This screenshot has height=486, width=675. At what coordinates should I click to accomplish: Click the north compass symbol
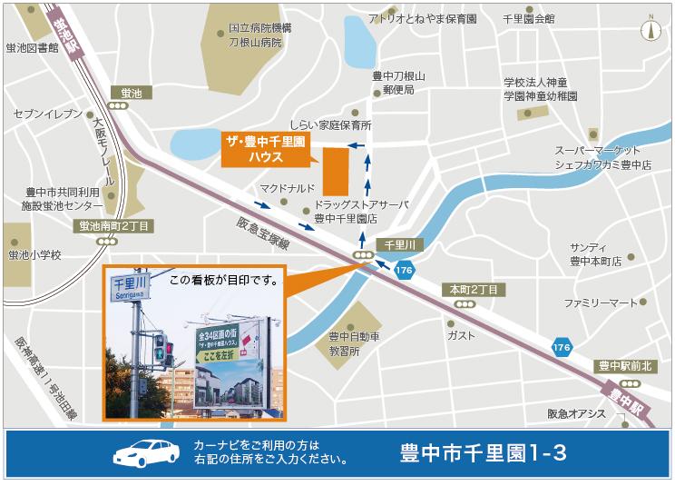[x=651, y=28]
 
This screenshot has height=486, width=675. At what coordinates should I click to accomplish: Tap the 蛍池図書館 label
[x=32, y=47]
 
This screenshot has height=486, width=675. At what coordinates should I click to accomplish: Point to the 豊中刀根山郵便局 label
[x=398, y=83]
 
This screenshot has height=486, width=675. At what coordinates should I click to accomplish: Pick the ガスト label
[x=461, y=334]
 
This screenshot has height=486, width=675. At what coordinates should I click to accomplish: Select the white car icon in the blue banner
[x=149, y=453]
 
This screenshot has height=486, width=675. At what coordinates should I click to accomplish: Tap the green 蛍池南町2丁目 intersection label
[x=114, y=225]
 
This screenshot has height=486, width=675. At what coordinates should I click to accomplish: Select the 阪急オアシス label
[x=576, y=414]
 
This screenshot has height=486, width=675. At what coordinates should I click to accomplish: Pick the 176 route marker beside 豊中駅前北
[x=562, y=347]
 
